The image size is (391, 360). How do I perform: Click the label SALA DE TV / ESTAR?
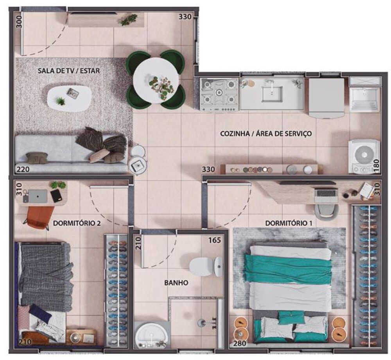[x=68, y=71]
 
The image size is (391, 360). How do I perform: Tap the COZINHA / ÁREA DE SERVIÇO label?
[x=266, y=134]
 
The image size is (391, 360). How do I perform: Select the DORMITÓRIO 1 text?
[x=289, y=223]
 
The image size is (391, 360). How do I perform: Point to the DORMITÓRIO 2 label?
[x=77, y=224]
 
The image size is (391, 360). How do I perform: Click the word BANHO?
[x=176, y=282]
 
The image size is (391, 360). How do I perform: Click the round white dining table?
[x=156, y=80]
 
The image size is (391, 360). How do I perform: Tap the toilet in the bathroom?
[x=205, y=266]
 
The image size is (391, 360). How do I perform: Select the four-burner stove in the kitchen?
[x=219, y=94]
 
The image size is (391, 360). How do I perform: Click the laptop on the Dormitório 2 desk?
[x=37, y=196]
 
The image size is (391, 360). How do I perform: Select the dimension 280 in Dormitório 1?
[x=239, y=344]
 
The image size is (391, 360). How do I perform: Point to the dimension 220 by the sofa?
[x=22, y=169]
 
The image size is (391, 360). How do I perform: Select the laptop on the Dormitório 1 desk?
[x=326, y=193]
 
